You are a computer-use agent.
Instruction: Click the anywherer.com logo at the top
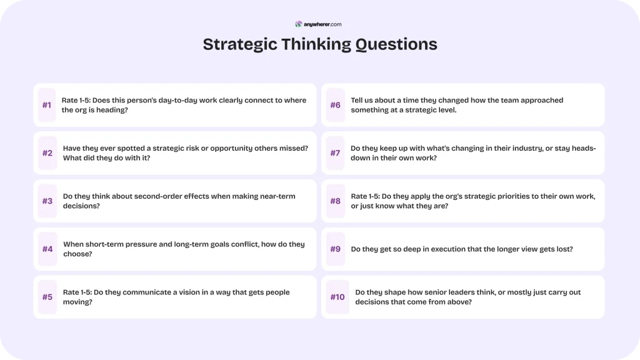318,24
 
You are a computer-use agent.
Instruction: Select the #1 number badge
47,105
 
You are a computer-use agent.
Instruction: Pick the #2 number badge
47,153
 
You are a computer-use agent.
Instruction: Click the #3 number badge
47,201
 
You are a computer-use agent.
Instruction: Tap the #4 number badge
47,249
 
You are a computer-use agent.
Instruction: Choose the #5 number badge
47,297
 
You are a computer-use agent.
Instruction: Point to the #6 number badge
336,105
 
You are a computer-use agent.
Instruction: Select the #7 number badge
336,153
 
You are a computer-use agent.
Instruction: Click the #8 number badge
336,201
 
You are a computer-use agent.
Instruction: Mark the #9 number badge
336,249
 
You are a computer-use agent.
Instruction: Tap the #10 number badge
337,297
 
